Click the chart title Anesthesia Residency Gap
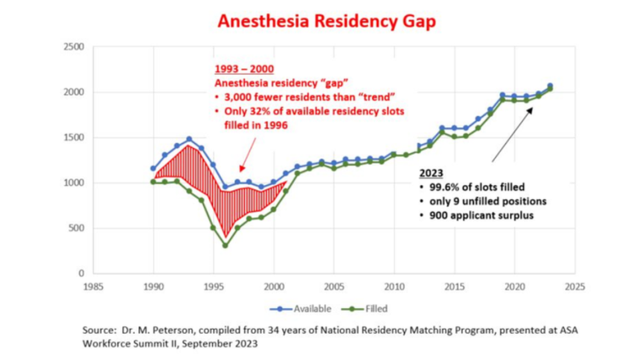tap(326, 21)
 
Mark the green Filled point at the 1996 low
tap(225, 245)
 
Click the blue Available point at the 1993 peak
tap(189, 139)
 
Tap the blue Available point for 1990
tap(153, 168)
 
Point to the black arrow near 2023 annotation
tap(512, 135)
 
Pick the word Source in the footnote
tap(97, 330)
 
